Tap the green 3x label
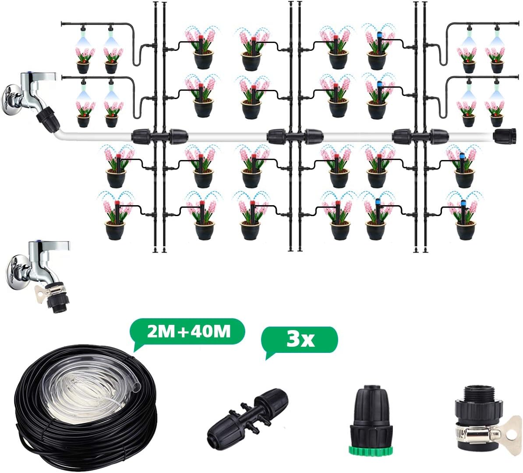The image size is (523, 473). click(x=300, y=339)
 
